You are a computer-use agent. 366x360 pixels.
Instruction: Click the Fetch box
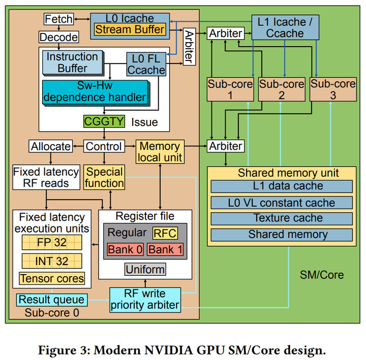pyautogui.click(x=58, y=19)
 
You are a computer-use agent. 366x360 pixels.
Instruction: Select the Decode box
pyautogui.click(x=59, y=37)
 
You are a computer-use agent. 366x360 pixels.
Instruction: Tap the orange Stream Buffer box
pyautogui.click(x=130, y=29)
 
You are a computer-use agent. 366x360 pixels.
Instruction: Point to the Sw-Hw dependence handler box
pyautogui.click(x=95, y=91)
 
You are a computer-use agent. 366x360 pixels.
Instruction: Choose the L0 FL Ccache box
pyautogui.click(x=146, y=63)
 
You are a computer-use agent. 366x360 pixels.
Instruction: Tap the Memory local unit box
pyautogui.click(x=160, y=152)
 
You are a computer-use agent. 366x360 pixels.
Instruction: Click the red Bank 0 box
pyautogui.click(x=125, y=249)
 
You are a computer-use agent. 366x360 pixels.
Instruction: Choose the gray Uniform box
pyautogui.click(x=145, y=269)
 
